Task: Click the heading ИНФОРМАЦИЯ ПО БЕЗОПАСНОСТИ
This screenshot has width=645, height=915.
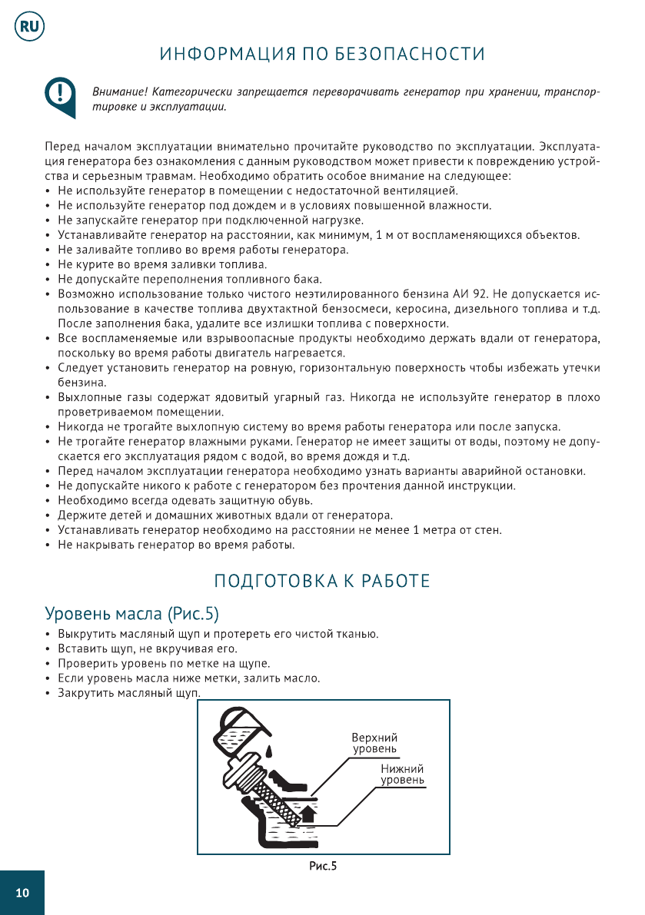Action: click(x=322, y=55)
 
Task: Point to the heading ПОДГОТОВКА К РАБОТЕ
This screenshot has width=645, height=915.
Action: click(x=321, y=581)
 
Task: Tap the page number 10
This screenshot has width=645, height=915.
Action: click(x=22, y=893)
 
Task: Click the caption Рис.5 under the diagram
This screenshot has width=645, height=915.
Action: click(x=323, y=867)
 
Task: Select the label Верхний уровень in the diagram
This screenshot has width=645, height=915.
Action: click(x=374, y=742)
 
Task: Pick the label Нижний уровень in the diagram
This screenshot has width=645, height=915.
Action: click(x=402, y=774)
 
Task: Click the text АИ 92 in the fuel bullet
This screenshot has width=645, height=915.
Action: click(x=470, y=294)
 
